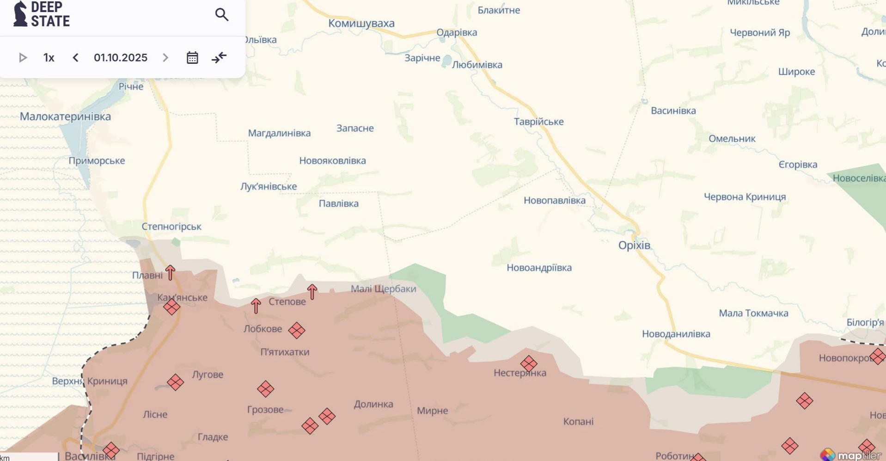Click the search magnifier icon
pyautogui.click(x=222, y=15)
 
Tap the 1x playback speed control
pyautogui.click(x=49, y=58)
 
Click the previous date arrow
pyautogui.click(x=76, y=58)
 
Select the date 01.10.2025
pyautogui.click(x=121, y=58)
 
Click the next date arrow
pyautogui.click(x=165, y=58)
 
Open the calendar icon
pyautogui.click(x=192, y=58)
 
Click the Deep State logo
pyautogui.click(x=42, y=14)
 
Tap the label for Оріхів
pyautogui.click(x=634, y=246)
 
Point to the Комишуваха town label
pyautogui.click(x=361, y=24)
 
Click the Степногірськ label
pyautogui.click(x=171, y=227)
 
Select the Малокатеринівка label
pyautogui.click(x=65, y=117)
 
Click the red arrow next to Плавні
pyautogui.click(x=170, y=273)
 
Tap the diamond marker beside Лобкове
pyautogui.click(x=297, y=331)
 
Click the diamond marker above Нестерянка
pyautogui.click(x=529, y=364)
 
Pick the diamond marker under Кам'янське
pyautogui.click(x=171, y=307)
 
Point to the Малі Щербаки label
pyautogui.click(x=383, y=289)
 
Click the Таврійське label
pyautogui.click(x=539, y=122)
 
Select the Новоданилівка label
pyautogui.click(x=676, y=334)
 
